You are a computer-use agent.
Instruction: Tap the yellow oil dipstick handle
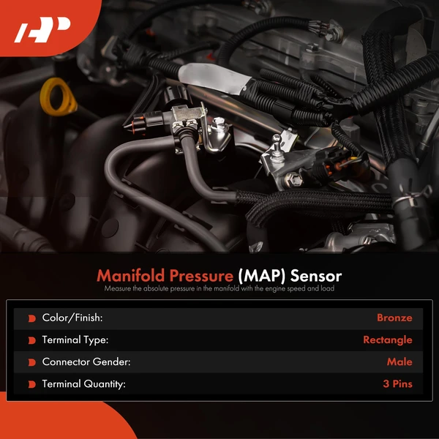click(x=56, y=97)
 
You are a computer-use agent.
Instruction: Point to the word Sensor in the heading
click(x=315, y=276)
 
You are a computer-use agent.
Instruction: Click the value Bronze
click(x=394, y=318)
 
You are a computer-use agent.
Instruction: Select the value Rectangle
click(x=387, y=340)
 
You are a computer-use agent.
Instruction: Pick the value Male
click(x=399, y=362)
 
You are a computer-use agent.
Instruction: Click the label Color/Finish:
click(x=72, y=318)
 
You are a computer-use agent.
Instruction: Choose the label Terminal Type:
click(x=75, y=340)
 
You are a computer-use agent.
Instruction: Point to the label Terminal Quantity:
click(x=83, y=384)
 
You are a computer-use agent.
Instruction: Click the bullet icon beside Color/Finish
click(x=31, y=318)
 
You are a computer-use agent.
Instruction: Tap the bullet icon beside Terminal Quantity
click(x=31, y=384)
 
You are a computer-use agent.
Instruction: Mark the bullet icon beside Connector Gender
click(x=31, y=362)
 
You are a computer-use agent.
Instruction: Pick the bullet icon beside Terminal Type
click(x=31, y=340)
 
